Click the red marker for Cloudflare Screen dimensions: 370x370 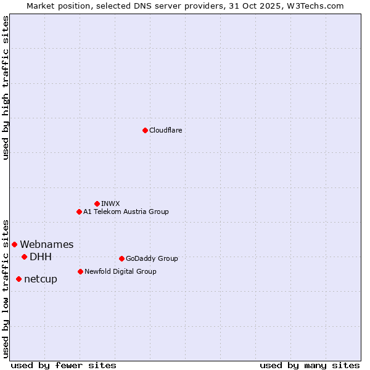[x=145, y=130]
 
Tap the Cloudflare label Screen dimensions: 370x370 [x=166, y=130]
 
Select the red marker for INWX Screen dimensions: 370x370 [x=97, y=203]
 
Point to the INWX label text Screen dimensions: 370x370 [x=110, y=203]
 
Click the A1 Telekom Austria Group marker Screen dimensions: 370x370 [x=79, y=212]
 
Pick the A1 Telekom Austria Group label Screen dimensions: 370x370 [x=126, y=212]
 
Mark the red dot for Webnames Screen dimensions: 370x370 [x=14, y=244]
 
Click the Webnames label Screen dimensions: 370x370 [x=47, y=245]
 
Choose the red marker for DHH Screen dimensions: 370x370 [x=24, y=257]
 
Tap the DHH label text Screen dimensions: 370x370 [x=41, y=257]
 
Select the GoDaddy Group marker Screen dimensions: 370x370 [x=121, y=258]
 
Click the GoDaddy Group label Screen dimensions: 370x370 [x=152, y=258]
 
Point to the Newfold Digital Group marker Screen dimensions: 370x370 [x=80, y=271]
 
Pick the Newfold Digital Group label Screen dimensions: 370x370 [x=120, y=271]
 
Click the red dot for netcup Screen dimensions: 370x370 [x=18, y=279]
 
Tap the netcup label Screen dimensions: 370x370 [x=41, y=279]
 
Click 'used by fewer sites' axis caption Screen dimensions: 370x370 [x=64, y=365]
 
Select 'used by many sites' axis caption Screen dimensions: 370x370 [x=310, y=365]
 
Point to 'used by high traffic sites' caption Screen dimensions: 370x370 [x=6, y=88]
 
